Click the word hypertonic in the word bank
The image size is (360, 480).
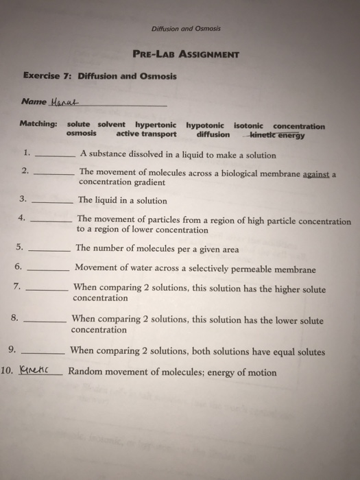coord(155,126)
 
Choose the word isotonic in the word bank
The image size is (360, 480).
coord(251,126)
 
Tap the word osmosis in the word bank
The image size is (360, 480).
coord(82,134)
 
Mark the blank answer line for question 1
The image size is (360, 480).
coord(54,156)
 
